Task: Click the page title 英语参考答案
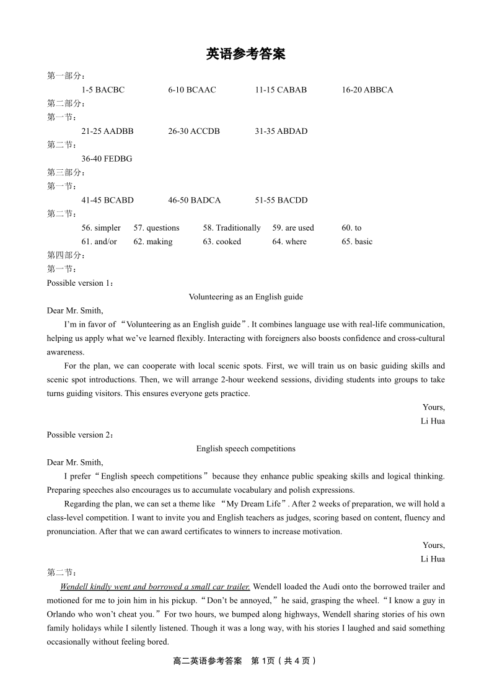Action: click(245, 55)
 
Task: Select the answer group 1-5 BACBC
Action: click(103, 90)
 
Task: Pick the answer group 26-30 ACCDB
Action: click(194, 131)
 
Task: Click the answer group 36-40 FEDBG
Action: click(107, 159)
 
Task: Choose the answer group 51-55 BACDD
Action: click(281, 200)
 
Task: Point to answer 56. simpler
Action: click(101, 228)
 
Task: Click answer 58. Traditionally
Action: click(232, 228)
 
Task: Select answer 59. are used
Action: click(293, 228)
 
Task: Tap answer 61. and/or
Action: click(99, 242)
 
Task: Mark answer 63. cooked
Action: click(222, 242)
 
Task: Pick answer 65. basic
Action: click(357, 242)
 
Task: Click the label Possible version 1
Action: click(81, 283)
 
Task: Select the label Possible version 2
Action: click(81, 435)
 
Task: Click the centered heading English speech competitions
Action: click(246, 449)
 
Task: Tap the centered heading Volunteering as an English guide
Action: click(246, 297)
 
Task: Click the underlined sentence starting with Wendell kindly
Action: click(155, 587)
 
